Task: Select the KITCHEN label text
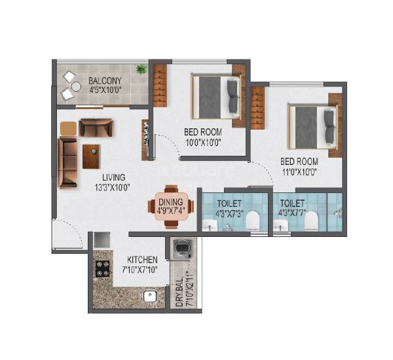(x=143, y=260)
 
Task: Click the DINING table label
(x=172, y=202)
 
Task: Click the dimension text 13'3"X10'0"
(x=113, y=187)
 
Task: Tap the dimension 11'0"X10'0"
(x=299, y=171)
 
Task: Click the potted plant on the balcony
(x=141, y=69)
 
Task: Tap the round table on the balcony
(x=76, y=86)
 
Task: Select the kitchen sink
(x=151, y=296)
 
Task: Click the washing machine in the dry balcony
(x=181, y=249)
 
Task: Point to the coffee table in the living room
(x=92, y=156)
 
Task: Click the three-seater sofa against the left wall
(x=67, y=162)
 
